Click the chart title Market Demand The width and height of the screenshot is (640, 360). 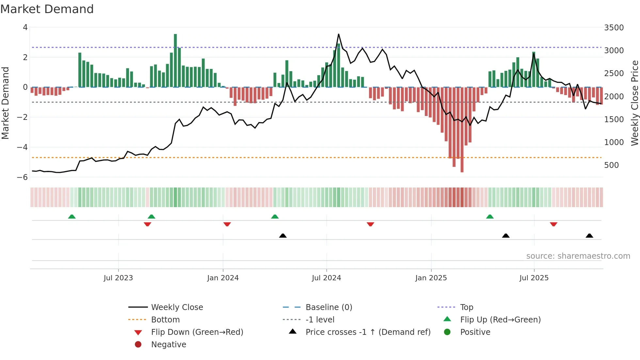[x=47, y=9]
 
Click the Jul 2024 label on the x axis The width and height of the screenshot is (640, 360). [x=326, y=278]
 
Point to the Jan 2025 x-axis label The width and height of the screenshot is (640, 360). [x=431, y=278]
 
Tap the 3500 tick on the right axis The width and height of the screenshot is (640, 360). [x=614, y=28]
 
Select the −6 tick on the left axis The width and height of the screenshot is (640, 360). [x=23, y=177]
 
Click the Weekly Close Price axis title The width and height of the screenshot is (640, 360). [x=634, y=103]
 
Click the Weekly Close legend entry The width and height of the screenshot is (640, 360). [x=177, y=307]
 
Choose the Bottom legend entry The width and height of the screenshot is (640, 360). [x=165, y=320]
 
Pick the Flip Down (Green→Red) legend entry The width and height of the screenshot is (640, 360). [x=197, y=332]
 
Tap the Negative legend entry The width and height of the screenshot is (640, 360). [x=168, y=345]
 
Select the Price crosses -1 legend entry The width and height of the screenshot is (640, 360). [x=368, y=332]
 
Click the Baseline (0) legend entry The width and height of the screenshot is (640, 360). [x=328, y=307]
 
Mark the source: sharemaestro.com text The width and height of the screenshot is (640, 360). [x=578, y=256]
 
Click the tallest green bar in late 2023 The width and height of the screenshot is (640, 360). [x=175, y=60]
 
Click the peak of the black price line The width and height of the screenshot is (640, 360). [x=339, y=34]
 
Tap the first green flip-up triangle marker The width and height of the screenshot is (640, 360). [x=72, y=217]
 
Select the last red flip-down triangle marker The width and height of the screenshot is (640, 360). [x=553, y=224]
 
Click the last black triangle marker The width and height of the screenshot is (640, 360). [x=589, y=236]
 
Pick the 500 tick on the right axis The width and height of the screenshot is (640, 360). [x=611, y=165]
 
